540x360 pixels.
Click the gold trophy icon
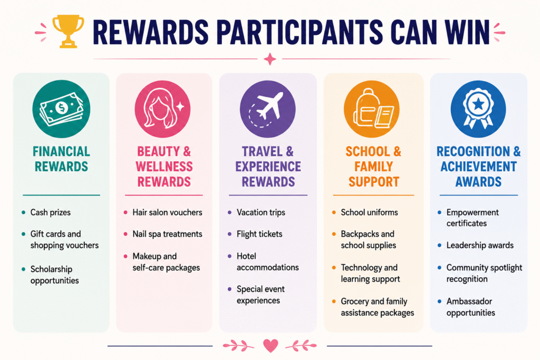pos(68,31)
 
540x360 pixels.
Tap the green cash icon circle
pos(61,109)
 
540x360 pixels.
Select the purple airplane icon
pos(267,109)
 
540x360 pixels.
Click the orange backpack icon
pos(372,109)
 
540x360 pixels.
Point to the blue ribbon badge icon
pos(478,109)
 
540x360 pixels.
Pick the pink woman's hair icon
pos(162,109)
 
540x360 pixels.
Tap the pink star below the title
pos(270,59)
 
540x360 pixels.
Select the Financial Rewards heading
pos(61,159)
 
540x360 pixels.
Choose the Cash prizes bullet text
pos(50,212)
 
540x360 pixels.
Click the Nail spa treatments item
pos(167,234)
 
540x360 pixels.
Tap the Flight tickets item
pos(259,235)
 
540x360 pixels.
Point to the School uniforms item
pos(369,212)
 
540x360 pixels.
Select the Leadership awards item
pos(480,245)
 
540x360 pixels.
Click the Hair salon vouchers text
pos(167,212)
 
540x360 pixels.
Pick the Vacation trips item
pos(261,212)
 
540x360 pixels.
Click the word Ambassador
pos(469,301)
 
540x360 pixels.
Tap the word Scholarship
pos(51,269)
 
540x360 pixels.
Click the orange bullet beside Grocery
pos(334,301)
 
